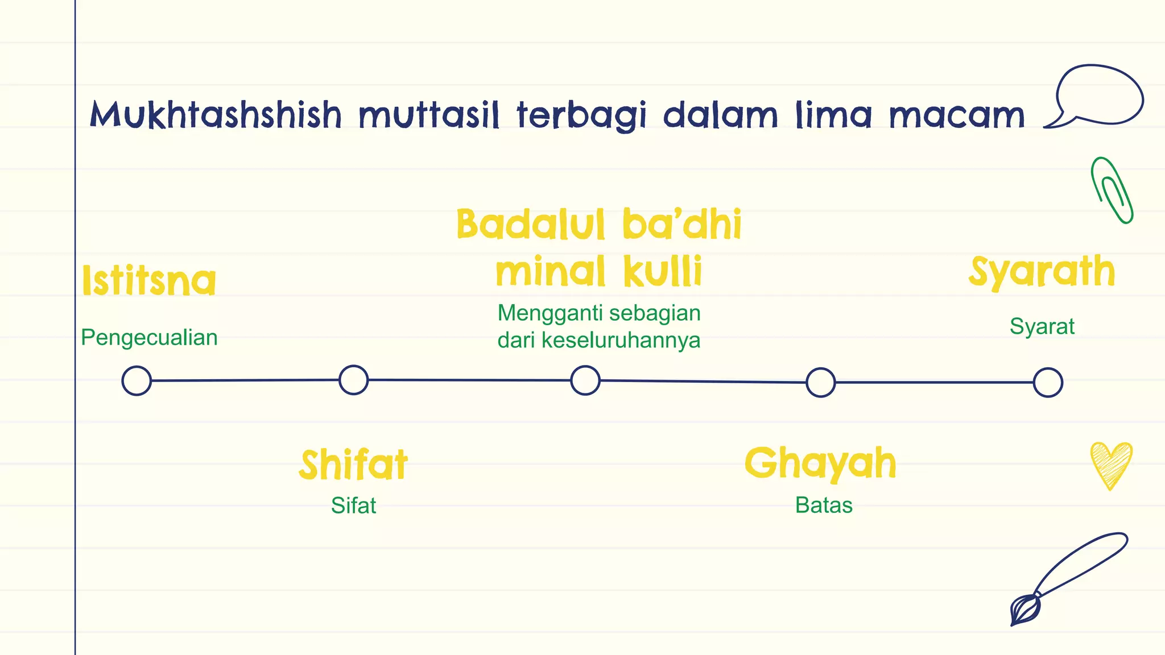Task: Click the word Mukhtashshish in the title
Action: [216, 114]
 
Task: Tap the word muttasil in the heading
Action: [429, 114]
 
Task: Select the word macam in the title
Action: [956, 114]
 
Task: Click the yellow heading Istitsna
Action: [149, 280]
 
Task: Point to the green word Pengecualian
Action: [149, 338]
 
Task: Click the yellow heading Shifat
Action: [353, 465]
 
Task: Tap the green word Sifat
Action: [353, 505]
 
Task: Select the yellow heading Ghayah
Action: [820, 463]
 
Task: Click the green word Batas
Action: [824, 505]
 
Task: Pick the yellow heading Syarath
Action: [1042, 272]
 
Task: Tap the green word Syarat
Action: [1042, 327]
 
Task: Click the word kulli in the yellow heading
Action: [663, 271]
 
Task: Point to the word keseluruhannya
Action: [621, 341]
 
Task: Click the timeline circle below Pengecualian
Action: [137, 381]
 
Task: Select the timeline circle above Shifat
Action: [353, 380]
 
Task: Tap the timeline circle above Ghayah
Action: [820, 382]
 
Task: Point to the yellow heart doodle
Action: [1111, 463]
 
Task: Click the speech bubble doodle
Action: [1098, 95]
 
